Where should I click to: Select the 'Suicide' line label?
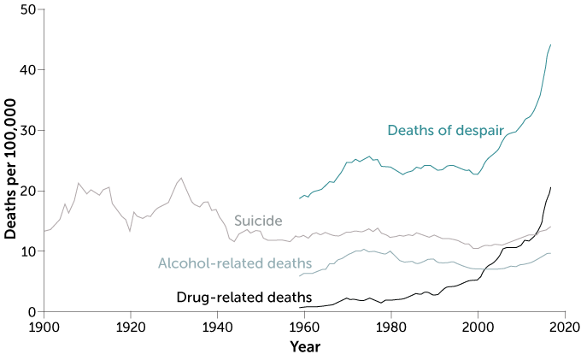point(258,221)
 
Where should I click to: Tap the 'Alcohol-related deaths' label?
point(235,263)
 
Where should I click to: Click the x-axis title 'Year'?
point(305,346)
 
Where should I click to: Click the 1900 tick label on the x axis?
point(44,327)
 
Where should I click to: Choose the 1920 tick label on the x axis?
point(131,327)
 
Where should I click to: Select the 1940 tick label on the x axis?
point(218,327)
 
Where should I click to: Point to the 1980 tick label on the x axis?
point(391,327)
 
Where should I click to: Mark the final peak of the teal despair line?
point(551,44)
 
